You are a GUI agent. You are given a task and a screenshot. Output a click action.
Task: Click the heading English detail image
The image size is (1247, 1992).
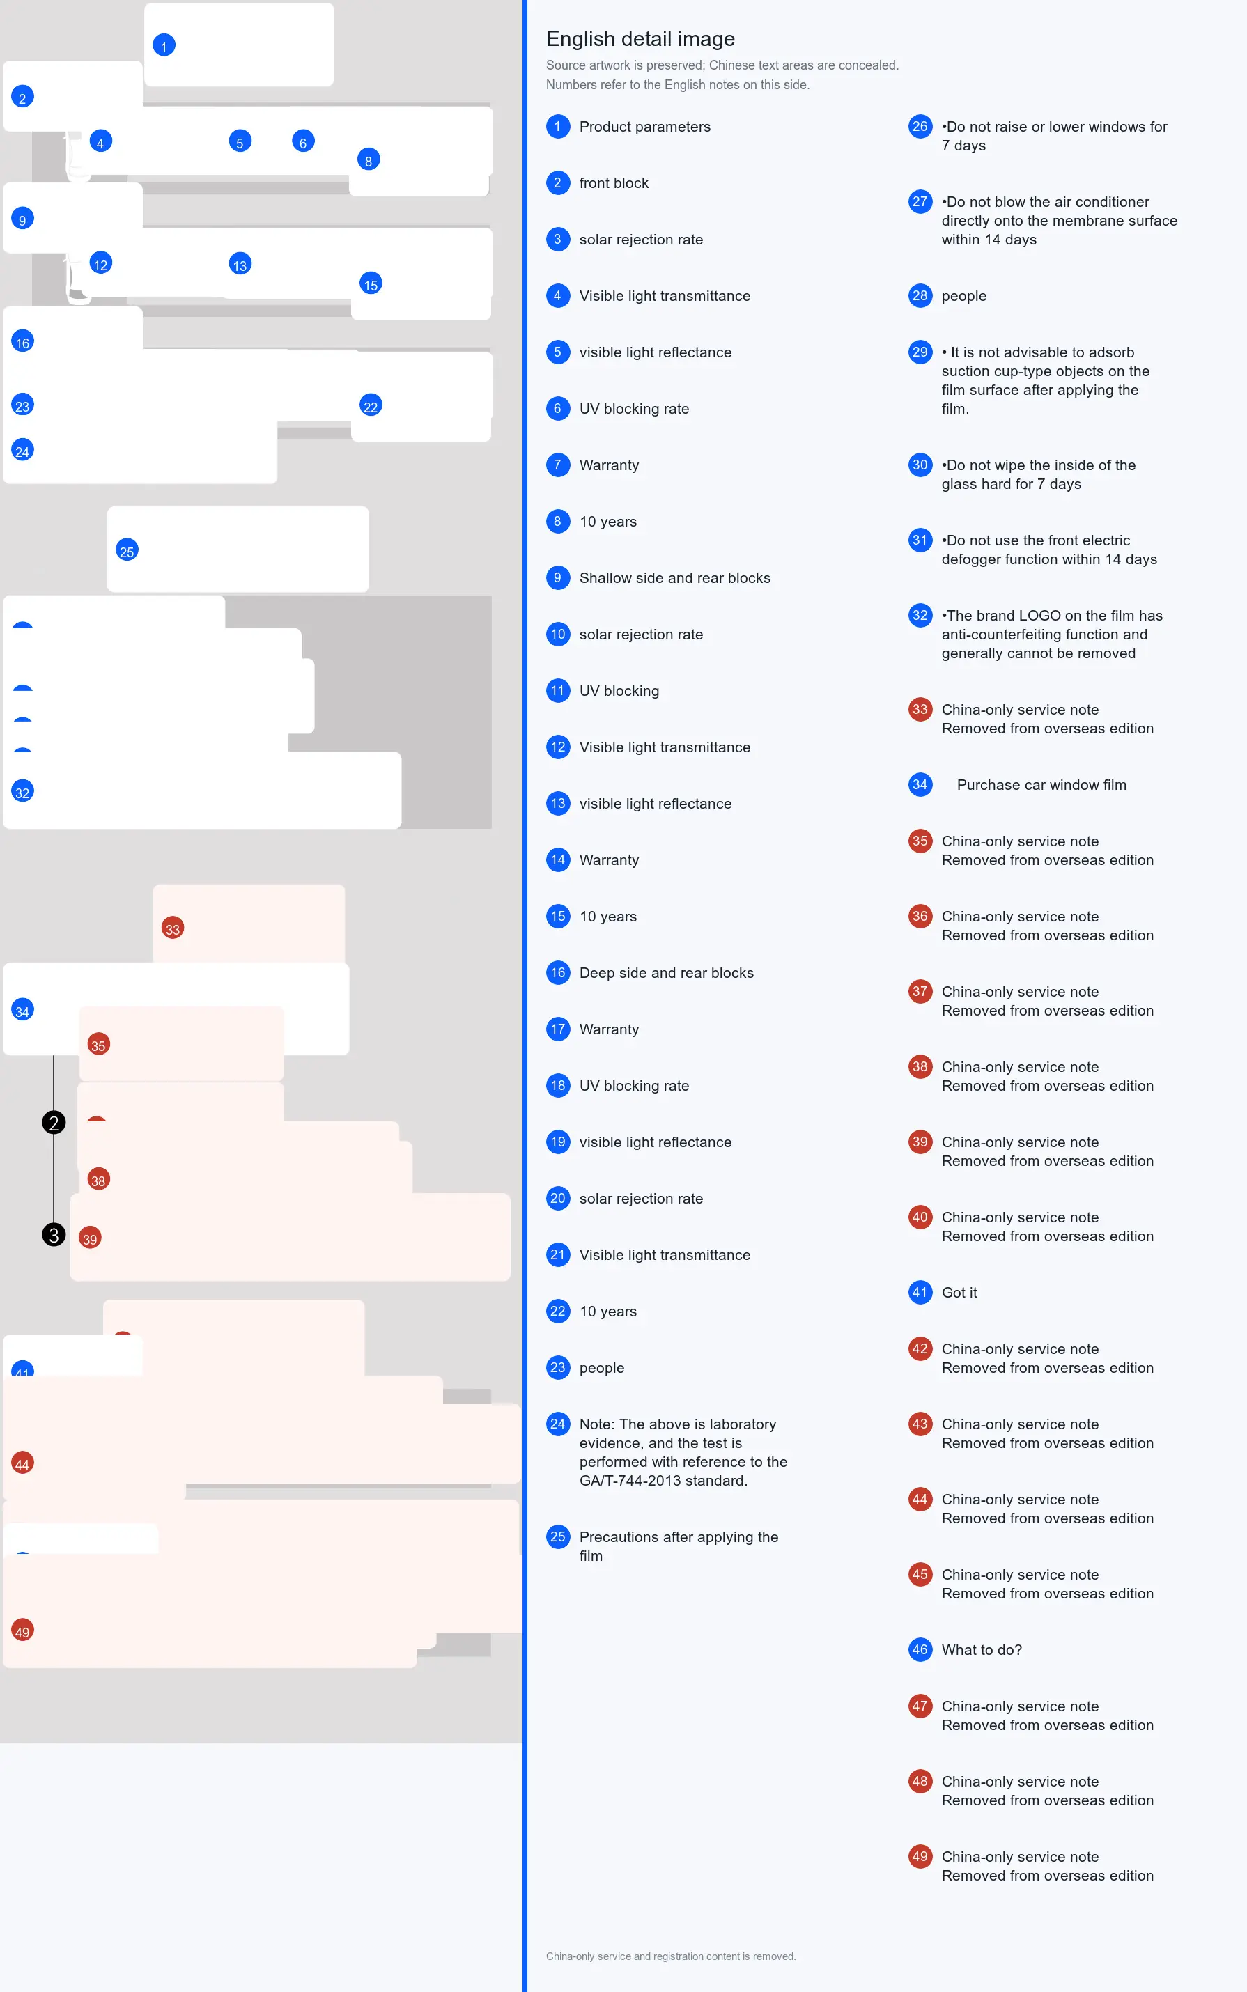pos(640,39)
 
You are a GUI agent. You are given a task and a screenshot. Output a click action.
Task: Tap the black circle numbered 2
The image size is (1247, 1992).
pos(54,1122)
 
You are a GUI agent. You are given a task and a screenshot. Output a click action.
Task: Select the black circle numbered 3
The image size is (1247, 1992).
pos(54,1234)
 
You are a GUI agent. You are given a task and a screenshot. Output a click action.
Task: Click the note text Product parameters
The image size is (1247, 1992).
pos(645,126)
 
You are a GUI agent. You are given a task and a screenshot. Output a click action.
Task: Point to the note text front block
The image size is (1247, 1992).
pos(614,183)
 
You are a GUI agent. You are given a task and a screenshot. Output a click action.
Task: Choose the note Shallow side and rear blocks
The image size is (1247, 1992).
pos(674,578)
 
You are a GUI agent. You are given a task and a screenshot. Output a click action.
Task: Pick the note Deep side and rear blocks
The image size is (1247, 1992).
pos(667,973)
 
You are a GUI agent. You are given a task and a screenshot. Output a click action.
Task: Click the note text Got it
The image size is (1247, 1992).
pos(959,1293)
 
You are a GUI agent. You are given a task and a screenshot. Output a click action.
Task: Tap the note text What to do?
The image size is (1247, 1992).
pos(982,1650)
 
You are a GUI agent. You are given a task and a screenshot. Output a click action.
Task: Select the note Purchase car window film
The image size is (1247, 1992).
pos(1041,785)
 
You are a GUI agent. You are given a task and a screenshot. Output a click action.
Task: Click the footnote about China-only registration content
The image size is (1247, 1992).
pos(670,1956)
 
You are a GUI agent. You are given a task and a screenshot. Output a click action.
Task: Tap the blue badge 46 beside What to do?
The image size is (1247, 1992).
pos(920,1650)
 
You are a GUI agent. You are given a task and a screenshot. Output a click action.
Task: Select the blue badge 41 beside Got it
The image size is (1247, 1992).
pos(920,1293)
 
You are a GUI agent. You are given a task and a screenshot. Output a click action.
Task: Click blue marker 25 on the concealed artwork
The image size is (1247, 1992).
pos(127,551)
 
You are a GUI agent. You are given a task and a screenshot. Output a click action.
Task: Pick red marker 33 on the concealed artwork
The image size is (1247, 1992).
pos(172,928)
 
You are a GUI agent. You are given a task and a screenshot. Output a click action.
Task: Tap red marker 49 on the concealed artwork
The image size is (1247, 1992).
pos(22,1631)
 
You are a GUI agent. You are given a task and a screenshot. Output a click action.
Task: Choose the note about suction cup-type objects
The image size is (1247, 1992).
pos(1046,380)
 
